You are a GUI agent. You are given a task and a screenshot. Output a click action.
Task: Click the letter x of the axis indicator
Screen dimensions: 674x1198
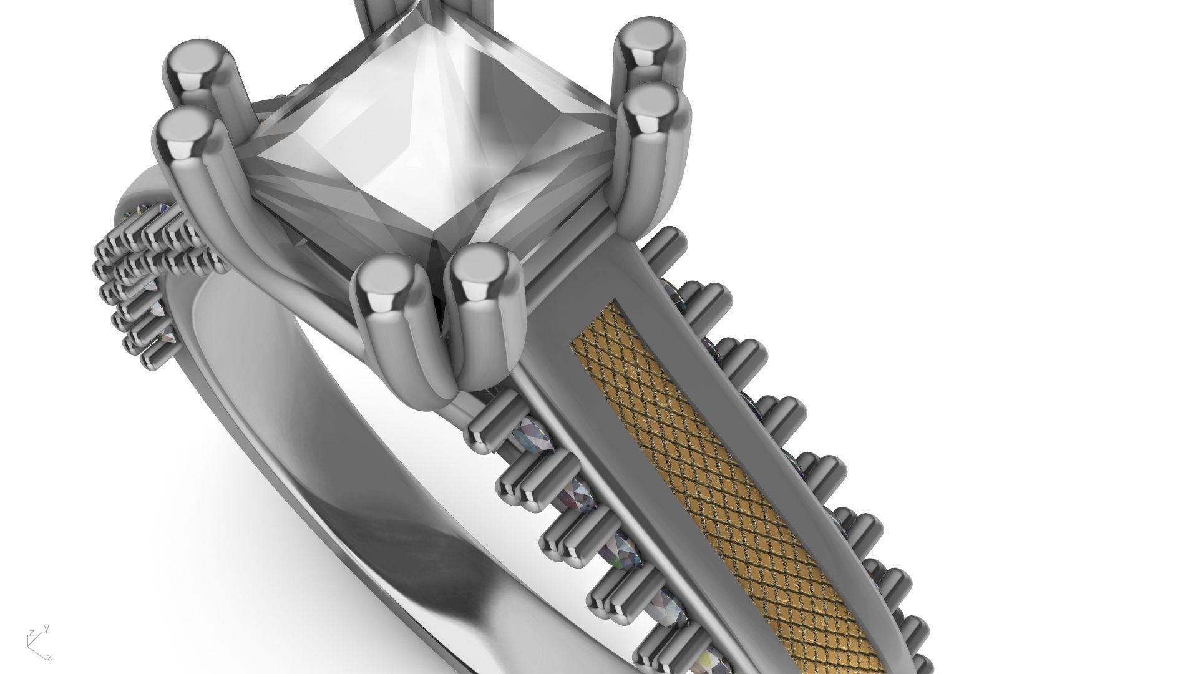pos(50,657)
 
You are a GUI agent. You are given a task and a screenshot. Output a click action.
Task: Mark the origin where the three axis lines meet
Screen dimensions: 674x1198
pos(30,645)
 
